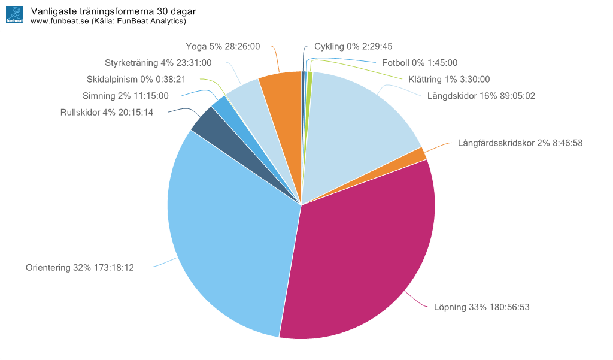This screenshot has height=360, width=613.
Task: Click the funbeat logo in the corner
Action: coord(14,15)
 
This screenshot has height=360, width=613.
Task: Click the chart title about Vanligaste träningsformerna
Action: coord(113,11)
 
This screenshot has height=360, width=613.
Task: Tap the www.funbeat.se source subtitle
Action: coord(108,21)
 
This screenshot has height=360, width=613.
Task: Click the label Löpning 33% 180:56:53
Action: coord(481,307)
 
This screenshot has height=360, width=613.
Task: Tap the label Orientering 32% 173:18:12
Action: coord(80,268)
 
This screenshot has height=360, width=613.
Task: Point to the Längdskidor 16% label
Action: coord(481,95)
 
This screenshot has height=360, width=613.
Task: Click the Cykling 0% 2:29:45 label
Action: coord(353,46)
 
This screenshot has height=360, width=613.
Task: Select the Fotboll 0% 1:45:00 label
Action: coord(419,62)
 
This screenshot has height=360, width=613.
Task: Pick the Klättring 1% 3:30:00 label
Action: coord(449,79)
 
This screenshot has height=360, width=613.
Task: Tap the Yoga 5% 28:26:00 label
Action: coord(223,46)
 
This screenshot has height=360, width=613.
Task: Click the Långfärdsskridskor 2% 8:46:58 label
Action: coord(520,143)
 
